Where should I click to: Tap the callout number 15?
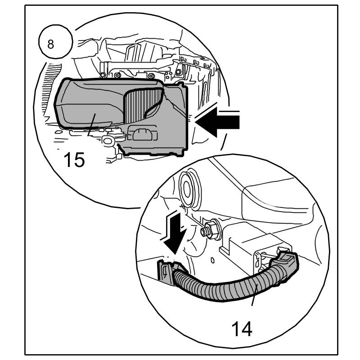(x=74, y=160)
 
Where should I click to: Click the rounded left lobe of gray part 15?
(x=76, y=106)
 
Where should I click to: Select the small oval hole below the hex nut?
(x=212, y=260)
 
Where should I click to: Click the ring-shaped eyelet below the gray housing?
(x=108, y=141)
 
